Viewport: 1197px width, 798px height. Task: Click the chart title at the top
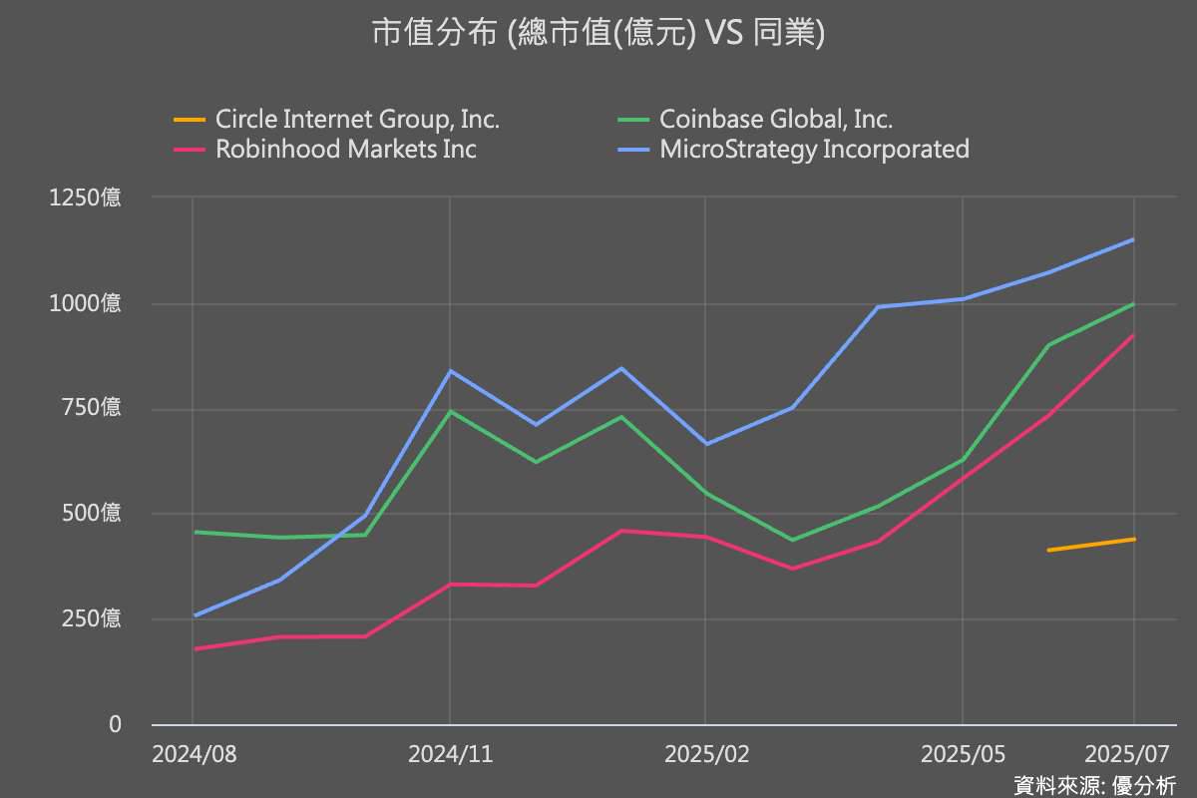point(598,33)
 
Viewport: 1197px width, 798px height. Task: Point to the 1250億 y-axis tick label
point(86,198)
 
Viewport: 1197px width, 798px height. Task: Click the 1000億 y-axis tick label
point(86,303)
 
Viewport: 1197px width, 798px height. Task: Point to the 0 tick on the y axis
point(115,724)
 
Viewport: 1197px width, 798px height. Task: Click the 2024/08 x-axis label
point(194,754)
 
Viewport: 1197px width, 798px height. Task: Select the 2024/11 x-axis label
point(450,754)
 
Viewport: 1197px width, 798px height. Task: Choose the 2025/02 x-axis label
point(706,754)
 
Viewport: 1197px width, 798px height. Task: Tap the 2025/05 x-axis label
point(963,754)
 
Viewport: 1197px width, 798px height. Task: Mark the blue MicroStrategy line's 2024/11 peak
point(450,371)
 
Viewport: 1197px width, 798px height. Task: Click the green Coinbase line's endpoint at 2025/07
point(1134,303)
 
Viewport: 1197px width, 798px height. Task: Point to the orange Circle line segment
point(1091,545)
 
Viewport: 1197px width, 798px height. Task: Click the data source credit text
point(1094,785)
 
